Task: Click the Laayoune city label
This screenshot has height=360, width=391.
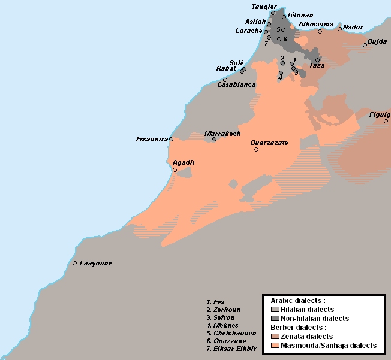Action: [x=95, y=263]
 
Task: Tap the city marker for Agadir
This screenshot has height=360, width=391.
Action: [x=175, y=170]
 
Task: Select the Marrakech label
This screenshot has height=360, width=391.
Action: [x=222, y=133]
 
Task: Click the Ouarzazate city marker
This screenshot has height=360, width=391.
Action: [x=256, y=149]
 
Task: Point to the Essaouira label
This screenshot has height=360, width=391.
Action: [x=152, y=139]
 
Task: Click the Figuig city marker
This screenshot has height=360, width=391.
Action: [x=386, y=122]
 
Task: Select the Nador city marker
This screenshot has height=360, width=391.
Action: [x=339, y=29]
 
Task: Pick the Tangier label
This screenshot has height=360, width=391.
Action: [x=264, y=7]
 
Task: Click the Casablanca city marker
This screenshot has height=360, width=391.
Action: [x=225, y=80]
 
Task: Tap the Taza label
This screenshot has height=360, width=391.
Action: [x=316, y=65]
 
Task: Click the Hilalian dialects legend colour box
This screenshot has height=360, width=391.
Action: [x=276, y=310]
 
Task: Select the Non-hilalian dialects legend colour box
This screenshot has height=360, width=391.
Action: [x=276, y=319]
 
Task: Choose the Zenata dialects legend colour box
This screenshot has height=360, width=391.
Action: [x=276, y=337]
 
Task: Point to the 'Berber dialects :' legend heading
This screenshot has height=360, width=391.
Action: [x=298, y=328]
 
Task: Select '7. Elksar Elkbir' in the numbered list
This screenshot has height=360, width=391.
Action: [x=231, y=349]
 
